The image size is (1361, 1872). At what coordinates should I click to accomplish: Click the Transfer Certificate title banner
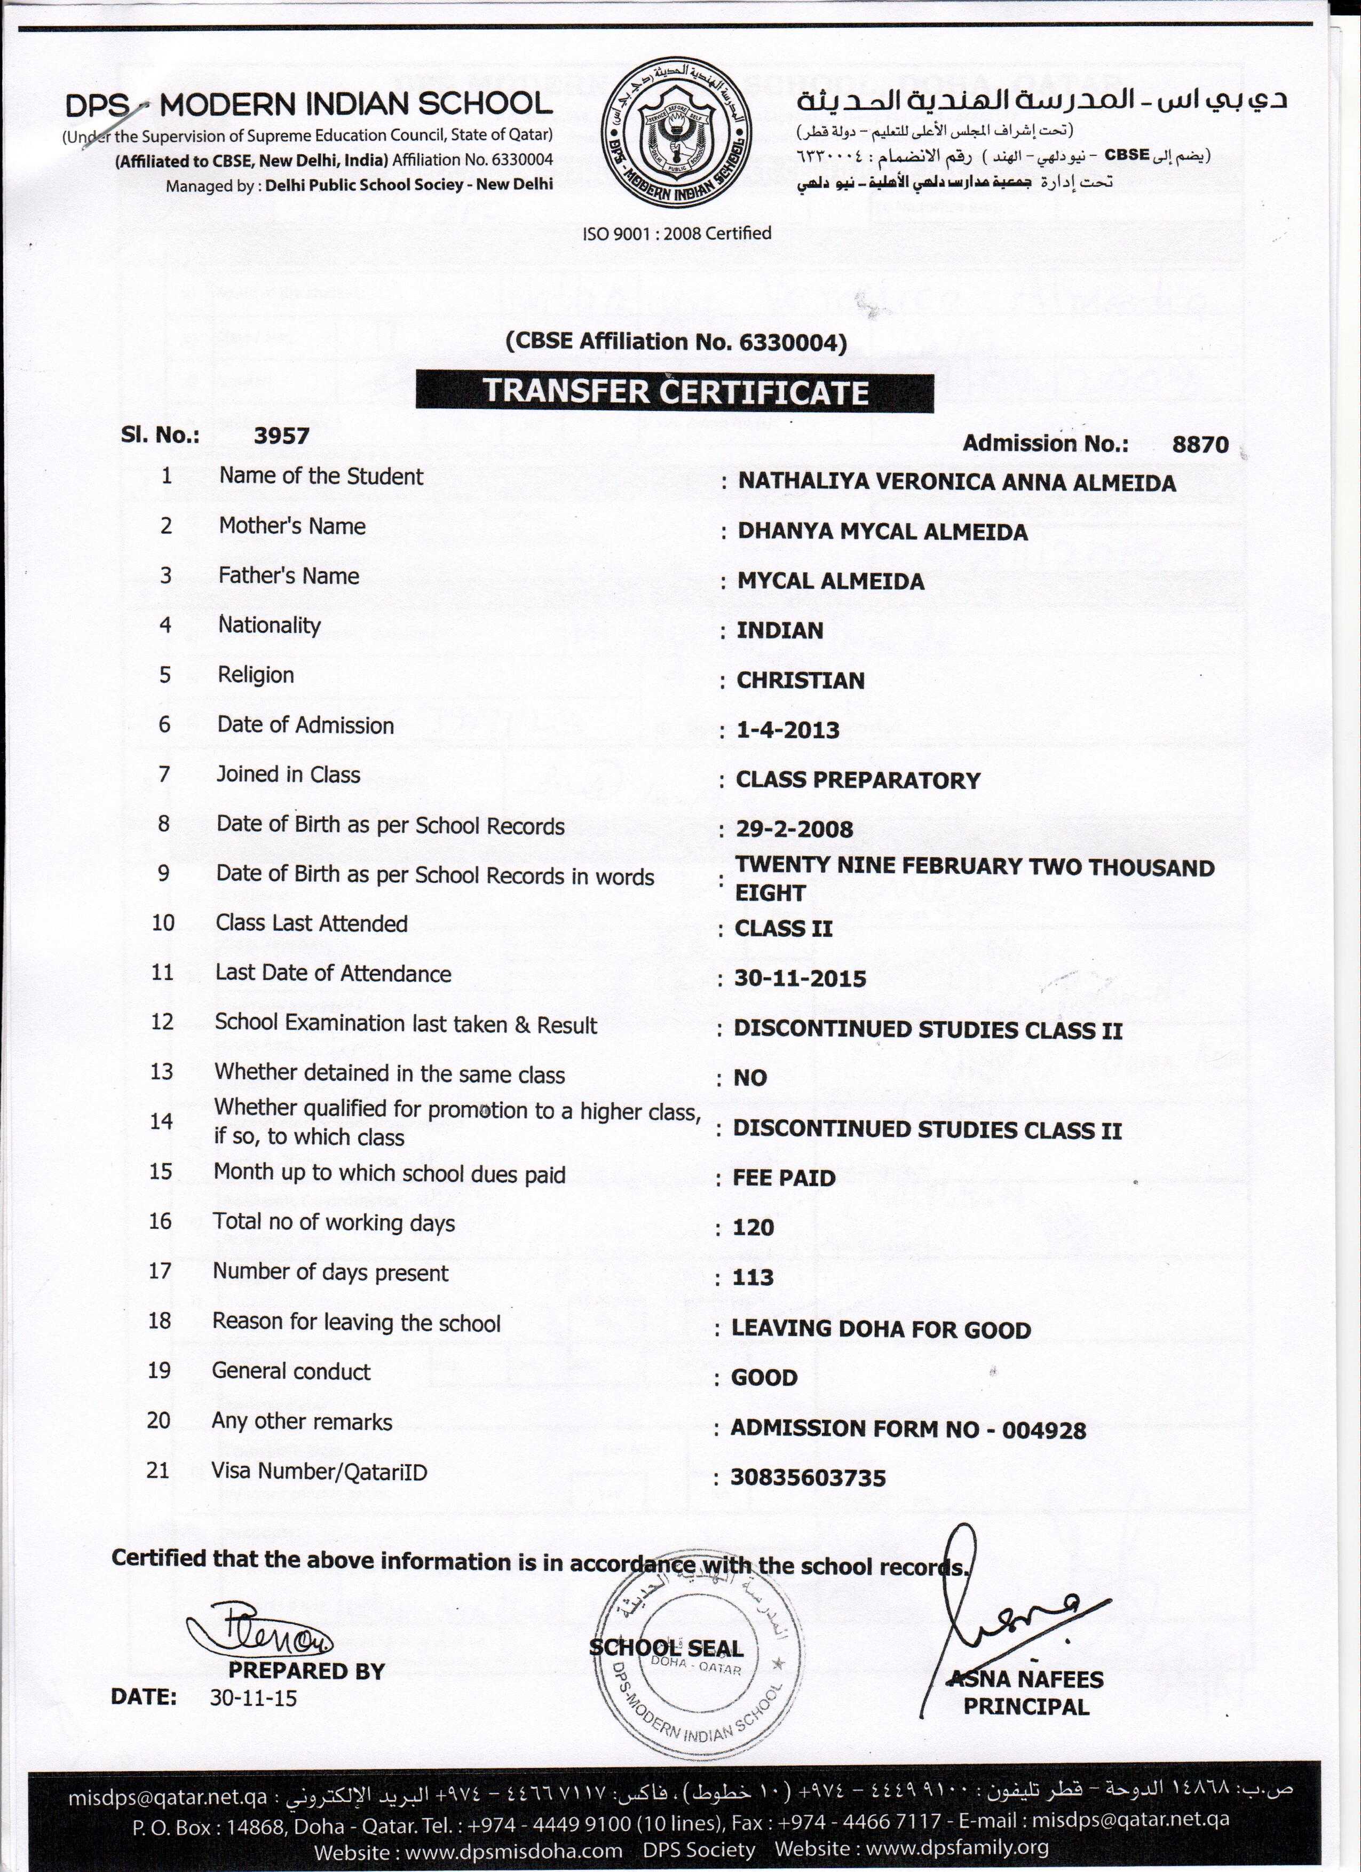click(x=675, y=392)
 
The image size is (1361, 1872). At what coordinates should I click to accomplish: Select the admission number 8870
click(x=1200, y=444)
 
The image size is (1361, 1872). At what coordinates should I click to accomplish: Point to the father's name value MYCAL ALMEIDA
click(x=830, y=581)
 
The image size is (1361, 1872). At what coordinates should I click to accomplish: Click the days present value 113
click(x=753, y=1278)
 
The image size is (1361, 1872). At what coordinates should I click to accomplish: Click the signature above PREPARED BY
click(x=261, y=1629)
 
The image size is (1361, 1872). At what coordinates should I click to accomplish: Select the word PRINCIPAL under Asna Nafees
click(x=1026, y=1707)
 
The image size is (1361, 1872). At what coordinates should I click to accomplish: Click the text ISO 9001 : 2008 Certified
click(x=677, y=234)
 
